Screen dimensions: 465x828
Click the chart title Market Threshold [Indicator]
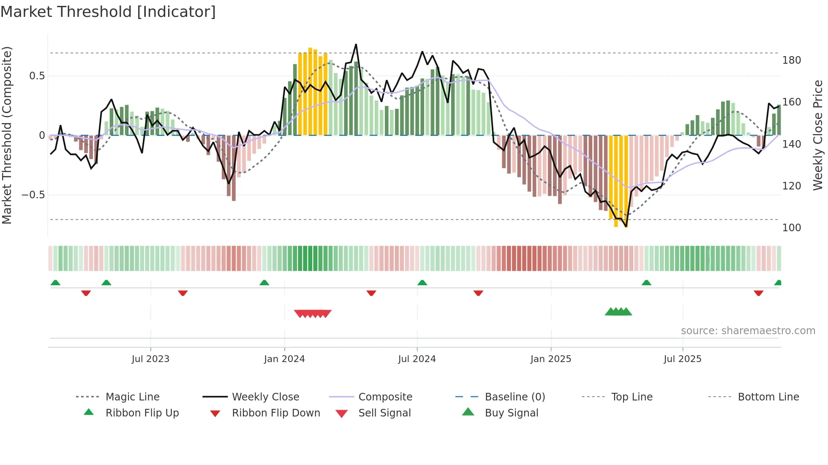[108, 12]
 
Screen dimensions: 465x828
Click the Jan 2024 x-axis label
[284, 359]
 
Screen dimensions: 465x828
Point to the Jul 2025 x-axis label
[682, 359]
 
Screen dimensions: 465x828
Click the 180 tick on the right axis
[791, 60]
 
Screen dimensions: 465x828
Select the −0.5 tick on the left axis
[33, 195]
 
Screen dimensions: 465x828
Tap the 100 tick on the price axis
[791, 228]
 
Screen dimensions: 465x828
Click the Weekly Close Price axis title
[818, 135]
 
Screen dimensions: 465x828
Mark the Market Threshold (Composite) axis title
[7, 135]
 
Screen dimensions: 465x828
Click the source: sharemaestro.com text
[748, 331]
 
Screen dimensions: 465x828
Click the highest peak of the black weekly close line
[356, 44]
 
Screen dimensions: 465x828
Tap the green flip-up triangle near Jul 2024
[422, 283]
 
